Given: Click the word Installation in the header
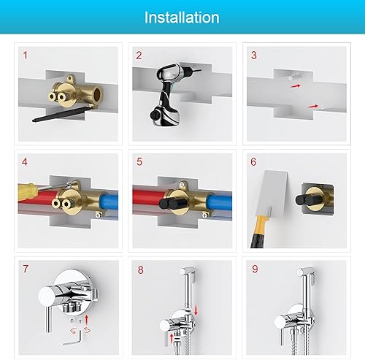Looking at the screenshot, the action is [182, 18].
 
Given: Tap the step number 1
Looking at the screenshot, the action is [26, 55].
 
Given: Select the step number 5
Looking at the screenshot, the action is [139, 162].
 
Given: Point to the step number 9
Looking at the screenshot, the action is [255, 269].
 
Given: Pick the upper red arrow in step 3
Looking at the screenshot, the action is [296, 86].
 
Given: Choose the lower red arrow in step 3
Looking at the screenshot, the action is [313, 106].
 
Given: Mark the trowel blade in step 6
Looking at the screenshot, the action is [272, 194].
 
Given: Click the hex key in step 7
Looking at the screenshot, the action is [74, 338].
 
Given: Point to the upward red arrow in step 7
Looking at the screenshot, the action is [87, 320].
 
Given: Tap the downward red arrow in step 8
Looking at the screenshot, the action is [196, 310].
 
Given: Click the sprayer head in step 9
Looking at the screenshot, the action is [306, 272].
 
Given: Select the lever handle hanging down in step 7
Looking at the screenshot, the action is [49, 319].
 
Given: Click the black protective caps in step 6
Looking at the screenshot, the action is [306, 200].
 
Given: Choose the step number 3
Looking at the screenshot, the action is [254, 55].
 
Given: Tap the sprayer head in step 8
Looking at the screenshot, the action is [188, 272].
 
